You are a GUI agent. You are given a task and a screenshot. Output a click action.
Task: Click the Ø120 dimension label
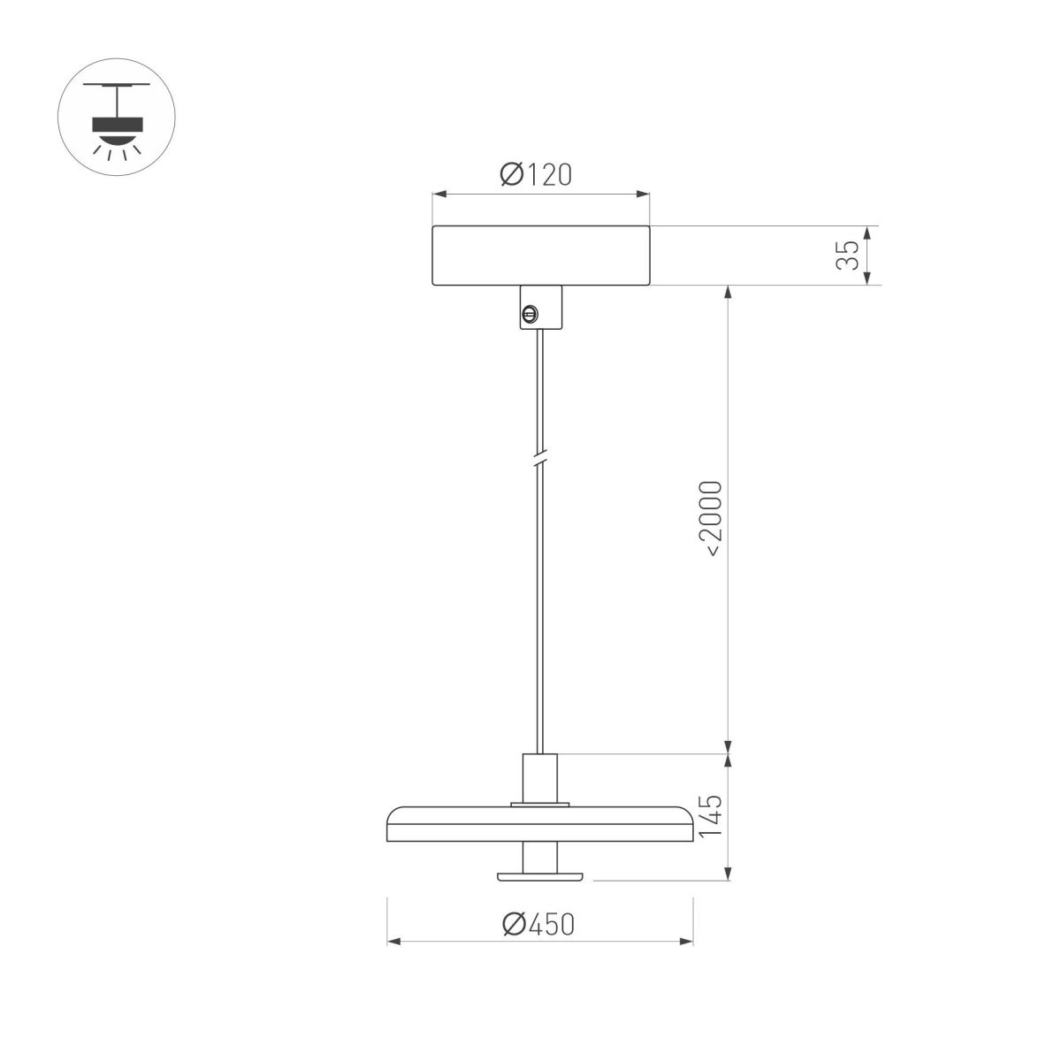(x=536, y=175)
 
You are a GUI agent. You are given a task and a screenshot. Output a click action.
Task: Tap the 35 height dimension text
(x=847, y=256)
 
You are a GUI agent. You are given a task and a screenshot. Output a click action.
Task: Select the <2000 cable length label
(x=712, y=519)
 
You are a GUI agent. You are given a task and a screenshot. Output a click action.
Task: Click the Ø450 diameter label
(x=538, y=924)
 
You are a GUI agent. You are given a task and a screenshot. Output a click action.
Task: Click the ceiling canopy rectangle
(x=540, y=256)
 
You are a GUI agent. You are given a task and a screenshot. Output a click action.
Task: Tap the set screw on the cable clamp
(x=530, y=312)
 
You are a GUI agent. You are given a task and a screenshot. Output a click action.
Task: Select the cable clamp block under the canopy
(x=540, y=307)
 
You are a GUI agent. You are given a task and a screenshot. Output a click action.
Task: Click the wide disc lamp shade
(x=540, y=825)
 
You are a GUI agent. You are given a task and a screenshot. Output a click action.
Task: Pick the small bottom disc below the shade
(x=540, y=875)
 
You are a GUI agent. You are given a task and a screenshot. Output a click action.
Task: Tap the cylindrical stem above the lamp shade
(x=540, y=778)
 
